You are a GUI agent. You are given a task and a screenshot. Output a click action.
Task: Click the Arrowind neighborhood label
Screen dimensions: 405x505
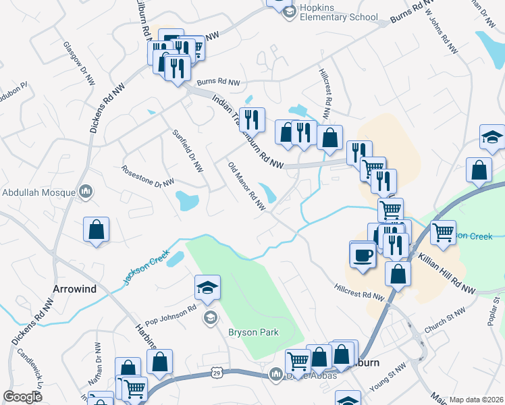coord(74,288)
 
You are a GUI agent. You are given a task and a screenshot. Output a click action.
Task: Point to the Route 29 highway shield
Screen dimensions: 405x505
coord(216,373)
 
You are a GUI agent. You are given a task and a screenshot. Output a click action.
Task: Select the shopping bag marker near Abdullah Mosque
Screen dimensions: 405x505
coord(97,229)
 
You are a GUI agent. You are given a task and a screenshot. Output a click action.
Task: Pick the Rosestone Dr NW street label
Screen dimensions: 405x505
coord(148,175)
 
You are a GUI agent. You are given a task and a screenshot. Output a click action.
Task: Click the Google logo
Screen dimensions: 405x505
coord(22,397)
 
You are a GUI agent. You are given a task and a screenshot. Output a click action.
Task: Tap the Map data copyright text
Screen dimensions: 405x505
coord(477,400)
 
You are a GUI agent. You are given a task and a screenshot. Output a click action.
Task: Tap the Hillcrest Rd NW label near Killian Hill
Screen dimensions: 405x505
coord(358,291)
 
